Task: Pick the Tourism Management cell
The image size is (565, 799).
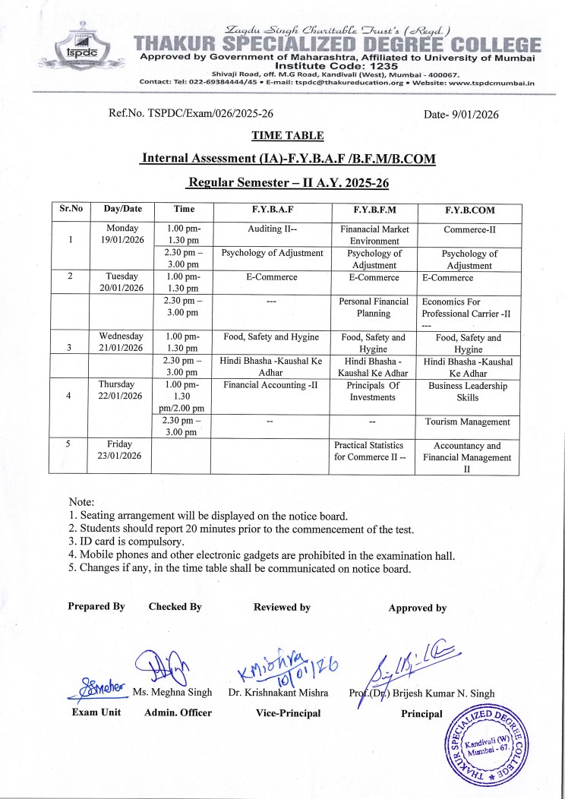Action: tap(468, 422)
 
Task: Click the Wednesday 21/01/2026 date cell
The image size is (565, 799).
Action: tap(122, 341)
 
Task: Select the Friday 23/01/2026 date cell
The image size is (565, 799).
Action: tap(122, 450)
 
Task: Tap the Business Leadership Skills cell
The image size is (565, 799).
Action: tap(468, 391)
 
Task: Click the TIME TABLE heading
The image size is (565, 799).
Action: tap(288, 136)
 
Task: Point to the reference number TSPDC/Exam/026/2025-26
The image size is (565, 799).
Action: tap(191, 114)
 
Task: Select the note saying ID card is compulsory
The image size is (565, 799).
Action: tap(126, 542)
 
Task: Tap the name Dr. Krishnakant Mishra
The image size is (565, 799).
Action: tap(278, 693)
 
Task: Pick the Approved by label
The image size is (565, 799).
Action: tap(417, 608)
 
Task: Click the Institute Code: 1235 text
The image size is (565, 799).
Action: tap(339, 66)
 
